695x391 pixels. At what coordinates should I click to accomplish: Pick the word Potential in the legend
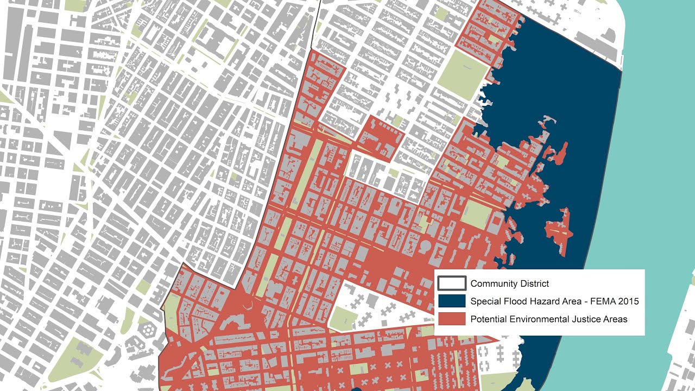489,319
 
